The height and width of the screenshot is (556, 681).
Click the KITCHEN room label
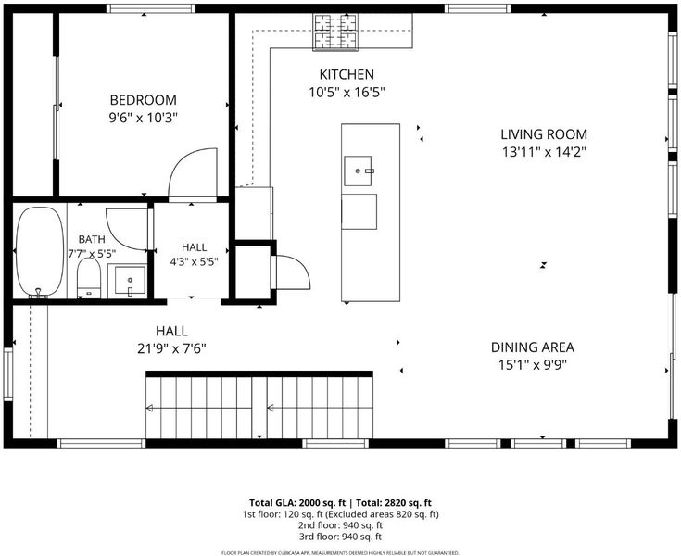coord(347,75)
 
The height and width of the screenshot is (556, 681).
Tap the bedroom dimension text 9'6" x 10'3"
coord(144,118)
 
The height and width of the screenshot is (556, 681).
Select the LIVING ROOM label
coord(544,134)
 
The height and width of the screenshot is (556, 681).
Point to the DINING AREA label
coord(533,347)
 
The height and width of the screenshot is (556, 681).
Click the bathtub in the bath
coord(40,252)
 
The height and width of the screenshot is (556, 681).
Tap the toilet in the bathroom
coord(89,278)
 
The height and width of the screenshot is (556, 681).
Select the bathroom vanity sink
coord(130,280)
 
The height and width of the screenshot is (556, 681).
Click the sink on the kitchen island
coord(358,171)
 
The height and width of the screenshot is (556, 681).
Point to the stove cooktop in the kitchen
coord(335,32)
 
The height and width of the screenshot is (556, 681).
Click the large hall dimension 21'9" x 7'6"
coord(171,348)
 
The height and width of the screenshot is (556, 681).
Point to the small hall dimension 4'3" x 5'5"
coord(194,261)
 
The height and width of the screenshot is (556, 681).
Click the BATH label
coord(92,239)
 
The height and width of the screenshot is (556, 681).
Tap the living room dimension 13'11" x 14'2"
coord(544,152)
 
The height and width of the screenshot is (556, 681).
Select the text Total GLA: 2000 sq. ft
coord(297,503)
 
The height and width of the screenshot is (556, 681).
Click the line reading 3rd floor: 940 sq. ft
coord(340,537)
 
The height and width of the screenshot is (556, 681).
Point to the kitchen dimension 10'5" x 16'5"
coord(347,93)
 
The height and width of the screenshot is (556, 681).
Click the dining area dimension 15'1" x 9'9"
coord(533,365)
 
